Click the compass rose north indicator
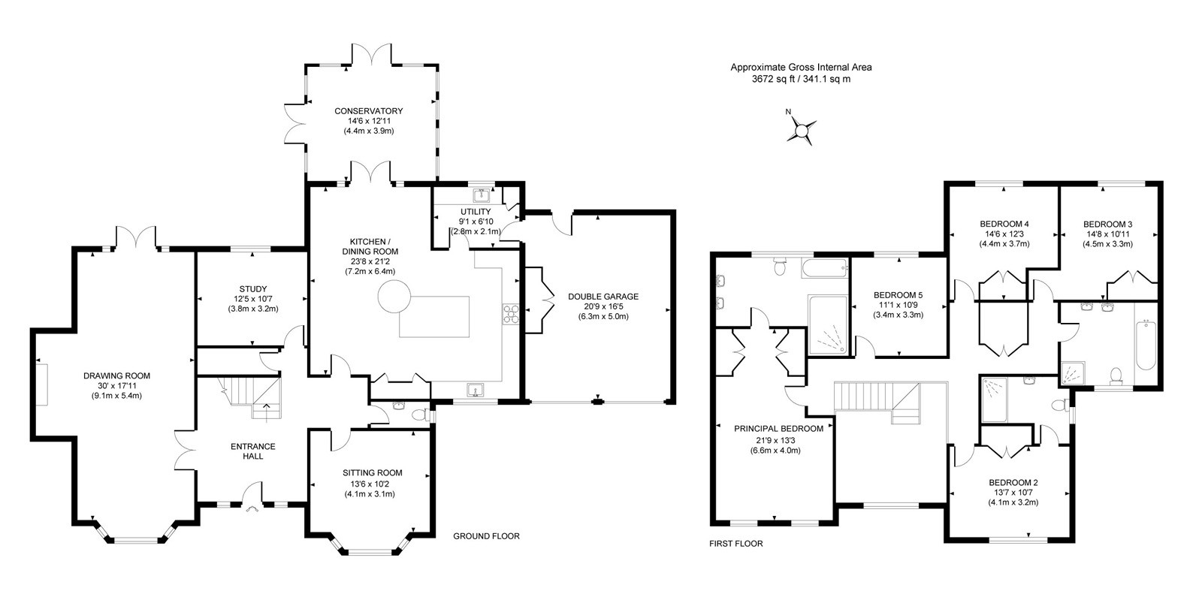[x=801, y=131]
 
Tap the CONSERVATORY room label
[x=369, y=111]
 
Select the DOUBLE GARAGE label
[x=603, y=296]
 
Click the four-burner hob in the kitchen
[x=511, y=314]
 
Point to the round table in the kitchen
[x=394, y=297]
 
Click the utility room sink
[x=481, y=194]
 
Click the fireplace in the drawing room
[x=42, y=384]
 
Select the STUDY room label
[x=253, y=289]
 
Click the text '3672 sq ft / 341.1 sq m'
[x=801, y=79]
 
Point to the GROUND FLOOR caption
[x=486, y=536]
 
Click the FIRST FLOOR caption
[x=735, y=544]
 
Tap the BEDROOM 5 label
[x=898, y=295]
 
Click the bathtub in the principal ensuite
[x=825, y=268]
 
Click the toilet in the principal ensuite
[x=781, y=265]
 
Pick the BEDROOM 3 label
[x=1107, y=225]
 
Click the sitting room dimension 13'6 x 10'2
[x=370, y=483]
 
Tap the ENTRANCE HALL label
[x=252, y=451]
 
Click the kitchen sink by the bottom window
[x=474, y=390]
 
